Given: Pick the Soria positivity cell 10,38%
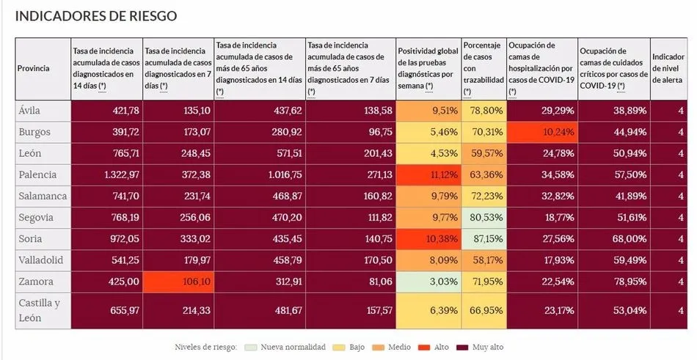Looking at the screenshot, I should coord(428,239).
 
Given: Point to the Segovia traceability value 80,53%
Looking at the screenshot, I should coord(483,218).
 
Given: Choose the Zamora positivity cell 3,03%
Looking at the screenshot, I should coord(428,281).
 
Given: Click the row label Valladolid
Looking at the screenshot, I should coord(42,260).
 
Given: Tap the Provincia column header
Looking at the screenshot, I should coord(33,68).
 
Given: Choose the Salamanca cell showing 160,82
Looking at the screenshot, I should coord(349,196).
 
